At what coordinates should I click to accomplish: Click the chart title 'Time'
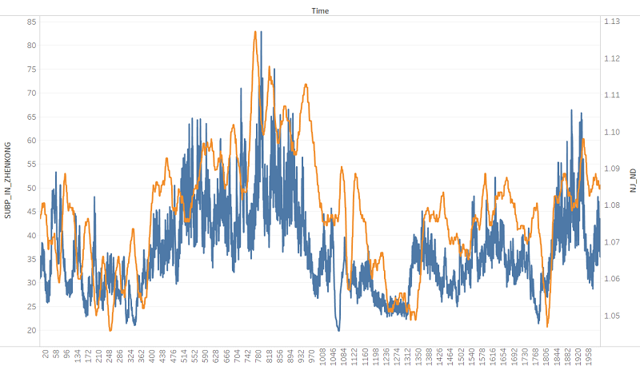pos(320,10)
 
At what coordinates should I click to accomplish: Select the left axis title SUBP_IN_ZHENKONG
pos(8,181)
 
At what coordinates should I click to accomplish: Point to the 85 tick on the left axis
pos(31,22)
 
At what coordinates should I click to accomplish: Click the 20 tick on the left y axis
pos(31,330)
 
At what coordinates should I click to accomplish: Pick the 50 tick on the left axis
pos(31,188)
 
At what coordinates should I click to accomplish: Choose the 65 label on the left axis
pos(31,117)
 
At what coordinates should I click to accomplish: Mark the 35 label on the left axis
pos(31,259)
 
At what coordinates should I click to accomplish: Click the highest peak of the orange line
pos(255,32)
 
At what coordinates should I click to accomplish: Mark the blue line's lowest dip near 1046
pos(338,329)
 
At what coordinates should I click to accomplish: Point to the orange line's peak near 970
pos(306,85)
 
